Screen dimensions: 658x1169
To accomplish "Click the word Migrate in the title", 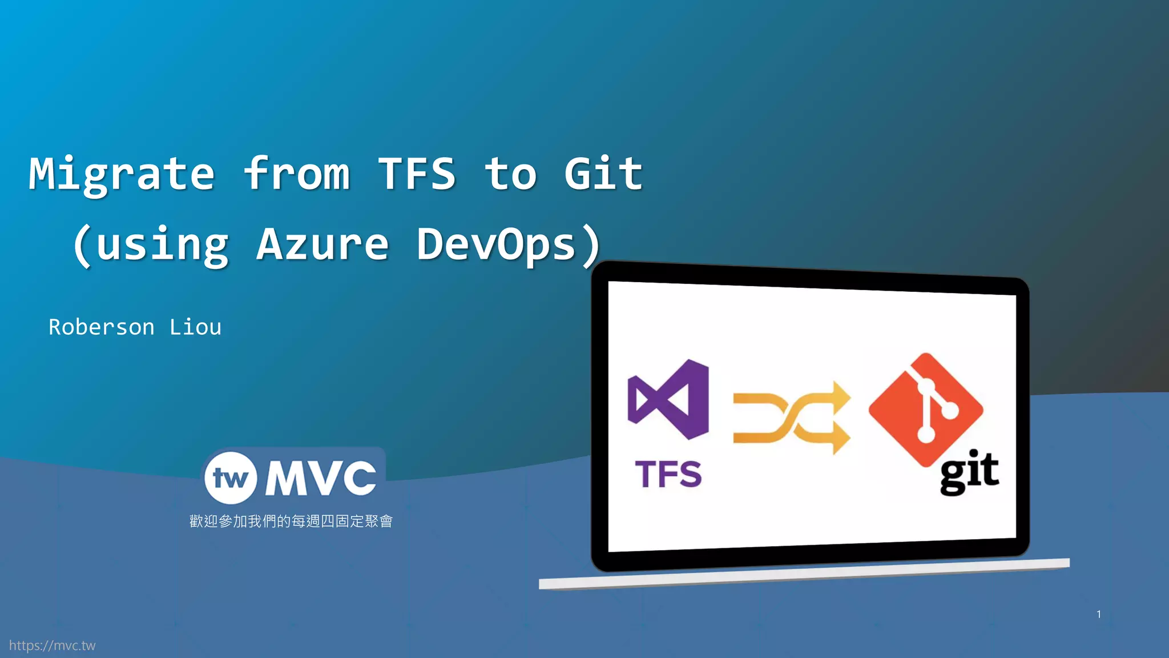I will [122, 174].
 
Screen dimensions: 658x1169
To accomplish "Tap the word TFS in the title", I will [417, 174].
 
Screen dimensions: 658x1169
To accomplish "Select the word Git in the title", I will [603, 174].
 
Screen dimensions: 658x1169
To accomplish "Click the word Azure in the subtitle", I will [323, 244].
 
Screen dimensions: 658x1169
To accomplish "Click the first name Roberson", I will [102, 327].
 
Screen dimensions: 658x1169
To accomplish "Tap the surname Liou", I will [195, 327].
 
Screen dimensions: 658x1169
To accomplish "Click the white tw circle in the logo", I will [231, 478].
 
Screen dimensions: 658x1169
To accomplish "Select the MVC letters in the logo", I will [321, 478].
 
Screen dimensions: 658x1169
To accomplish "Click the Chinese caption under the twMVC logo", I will [291, 521].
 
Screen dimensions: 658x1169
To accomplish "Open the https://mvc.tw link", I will [53, 645].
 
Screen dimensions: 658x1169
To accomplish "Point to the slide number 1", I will [1098, 615].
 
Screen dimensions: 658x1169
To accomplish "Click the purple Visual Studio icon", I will [668, 399].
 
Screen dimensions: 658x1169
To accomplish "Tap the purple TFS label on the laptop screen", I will [668, 474].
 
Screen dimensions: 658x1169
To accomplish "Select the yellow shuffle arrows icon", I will [792, 418].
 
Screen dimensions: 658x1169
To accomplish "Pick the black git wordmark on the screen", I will [969, 472].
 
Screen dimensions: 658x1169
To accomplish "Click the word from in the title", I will [297, 174].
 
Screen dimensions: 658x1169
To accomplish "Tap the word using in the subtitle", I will [163, 244].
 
